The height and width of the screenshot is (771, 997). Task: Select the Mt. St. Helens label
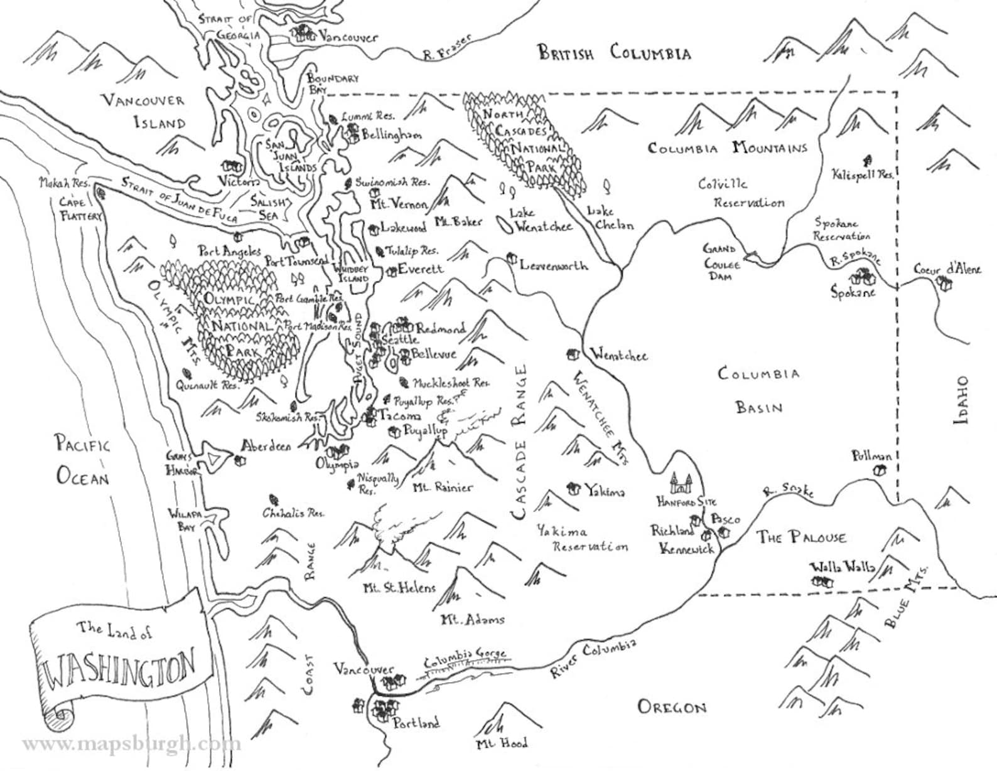point(399,588)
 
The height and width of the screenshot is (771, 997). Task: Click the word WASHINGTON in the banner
point(120,669)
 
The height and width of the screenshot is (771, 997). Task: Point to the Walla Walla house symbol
point(822,582)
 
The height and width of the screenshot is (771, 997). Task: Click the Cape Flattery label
point(79,209)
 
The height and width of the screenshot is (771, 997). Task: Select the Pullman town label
point(871,456)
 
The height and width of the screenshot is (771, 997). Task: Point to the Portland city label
point(416,723)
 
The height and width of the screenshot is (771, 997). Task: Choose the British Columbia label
point(614,53)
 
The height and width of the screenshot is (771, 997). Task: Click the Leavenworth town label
point(553,265)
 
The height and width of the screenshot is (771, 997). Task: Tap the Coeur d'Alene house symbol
point(944,284)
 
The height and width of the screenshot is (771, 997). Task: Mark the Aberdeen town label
point(266,446)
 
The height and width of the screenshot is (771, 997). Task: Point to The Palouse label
point(800,537)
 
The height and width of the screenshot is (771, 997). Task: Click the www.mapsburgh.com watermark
point(131,745)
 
